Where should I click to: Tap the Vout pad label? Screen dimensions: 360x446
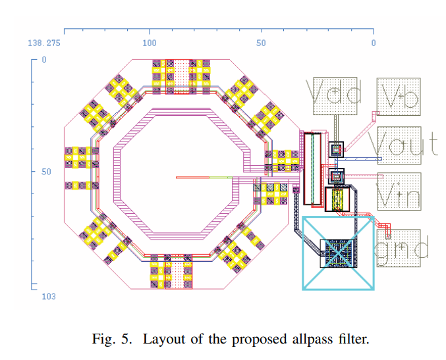point(402,143)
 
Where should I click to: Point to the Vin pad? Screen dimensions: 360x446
point(398,192)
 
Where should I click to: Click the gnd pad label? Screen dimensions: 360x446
point(401,248)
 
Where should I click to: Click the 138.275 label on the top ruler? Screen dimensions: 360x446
point(44,43)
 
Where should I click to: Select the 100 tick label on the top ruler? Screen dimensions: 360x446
point(150,43)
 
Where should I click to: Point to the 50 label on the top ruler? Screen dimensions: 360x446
point(261,43)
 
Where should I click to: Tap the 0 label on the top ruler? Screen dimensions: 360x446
point(373,43)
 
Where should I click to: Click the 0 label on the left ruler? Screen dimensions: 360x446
point(44,59)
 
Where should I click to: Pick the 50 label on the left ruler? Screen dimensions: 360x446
point(46,171)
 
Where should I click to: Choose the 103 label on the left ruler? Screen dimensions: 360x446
point(48,297)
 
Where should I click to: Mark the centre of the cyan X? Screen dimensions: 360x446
point(338,253)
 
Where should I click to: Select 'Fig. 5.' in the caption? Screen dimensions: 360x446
point(119,340)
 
